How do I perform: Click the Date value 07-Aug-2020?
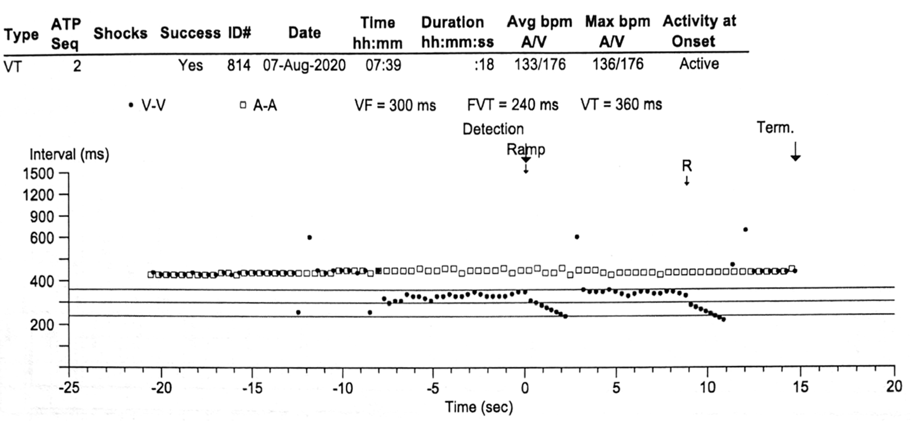tap(304, 65)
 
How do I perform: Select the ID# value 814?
tap(239, 65)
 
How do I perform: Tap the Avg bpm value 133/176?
tap(540, 64)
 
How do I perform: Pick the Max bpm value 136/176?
tap(617, 64)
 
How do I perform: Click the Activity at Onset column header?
tap(699, 31)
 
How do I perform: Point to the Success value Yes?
tap(190, 65)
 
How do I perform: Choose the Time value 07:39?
tap(383, 65)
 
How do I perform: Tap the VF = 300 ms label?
tap(395, 105)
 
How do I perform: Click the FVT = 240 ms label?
tap(512, 105)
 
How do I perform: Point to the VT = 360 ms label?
tap(621, 104)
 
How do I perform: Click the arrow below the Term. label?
tap(796, 151)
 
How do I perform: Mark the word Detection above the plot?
tap(493, 129)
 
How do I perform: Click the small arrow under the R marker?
tap(687, 180)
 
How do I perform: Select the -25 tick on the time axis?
tap(69, 387)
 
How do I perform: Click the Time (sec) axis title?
tap(479, 407)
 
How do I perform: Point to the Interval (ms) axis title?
tap(69, 154)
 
